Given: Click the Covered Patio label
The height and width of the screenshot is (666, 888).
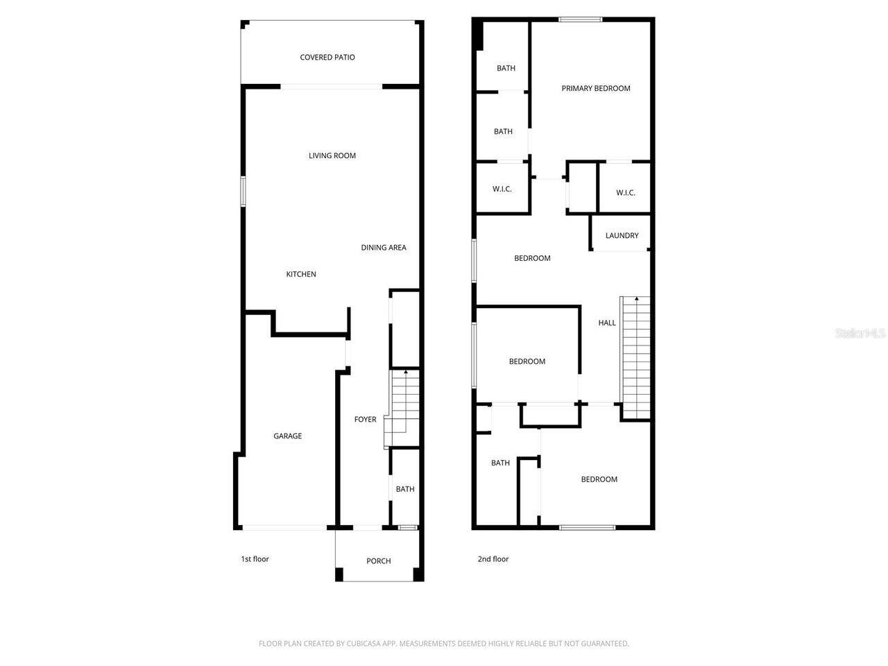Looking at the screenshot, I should click(327, 58).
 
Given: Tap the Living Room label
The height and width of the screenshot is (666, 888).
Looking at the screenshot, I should click(332, 156).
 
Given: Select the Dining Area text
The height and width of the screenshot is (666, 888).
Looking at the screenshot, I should click(384, 248).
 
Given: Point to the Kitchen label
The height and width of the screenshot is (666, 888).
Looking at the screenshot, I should click(301, 275).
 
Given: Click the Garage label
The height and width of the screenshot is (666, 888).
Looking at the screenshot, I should click(287, 436).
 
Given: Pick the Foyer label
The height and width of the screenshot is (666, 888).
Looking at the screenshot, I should click(365, 420).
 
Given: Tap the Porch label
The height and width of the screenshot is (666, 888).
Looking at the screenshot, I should click(379, 561).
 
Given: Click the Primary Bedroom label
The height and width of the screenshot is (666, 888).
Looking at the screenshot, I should click(596, 89).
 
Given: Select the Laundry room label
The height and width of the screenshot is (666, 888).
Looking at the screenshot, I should click(622, 236).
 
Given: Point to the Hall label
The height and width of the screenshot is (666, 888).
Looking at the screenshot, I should click(607, 323).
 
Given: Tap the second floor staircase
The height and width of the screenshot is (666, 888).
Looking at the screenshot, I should click(636, 357).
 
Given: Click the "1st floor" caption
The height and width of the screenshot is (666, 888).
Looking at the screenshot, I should click(255, 559).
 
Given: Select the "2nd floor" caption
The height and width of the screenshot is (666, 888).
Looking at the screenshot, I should click(493, 559).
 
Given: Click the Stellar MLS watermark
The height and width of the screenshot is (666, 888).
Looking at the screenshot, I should click(860, 334).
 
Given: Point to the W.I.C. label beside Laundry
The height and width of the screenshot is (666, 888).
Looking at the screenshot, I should click(625, 193).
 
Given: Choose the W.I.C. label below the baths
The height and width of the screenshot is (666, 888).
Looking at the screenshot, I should click(502, 189).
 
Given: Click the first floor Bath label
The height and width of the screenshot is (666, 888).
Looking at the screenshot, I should click(405, 490).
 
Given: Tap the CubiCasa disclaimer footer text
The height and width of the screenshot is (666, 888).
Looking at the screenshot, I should click(444, 644).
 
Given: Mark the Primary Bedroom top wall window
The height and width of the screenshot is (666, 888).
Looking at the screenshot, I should click(581, 19).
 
